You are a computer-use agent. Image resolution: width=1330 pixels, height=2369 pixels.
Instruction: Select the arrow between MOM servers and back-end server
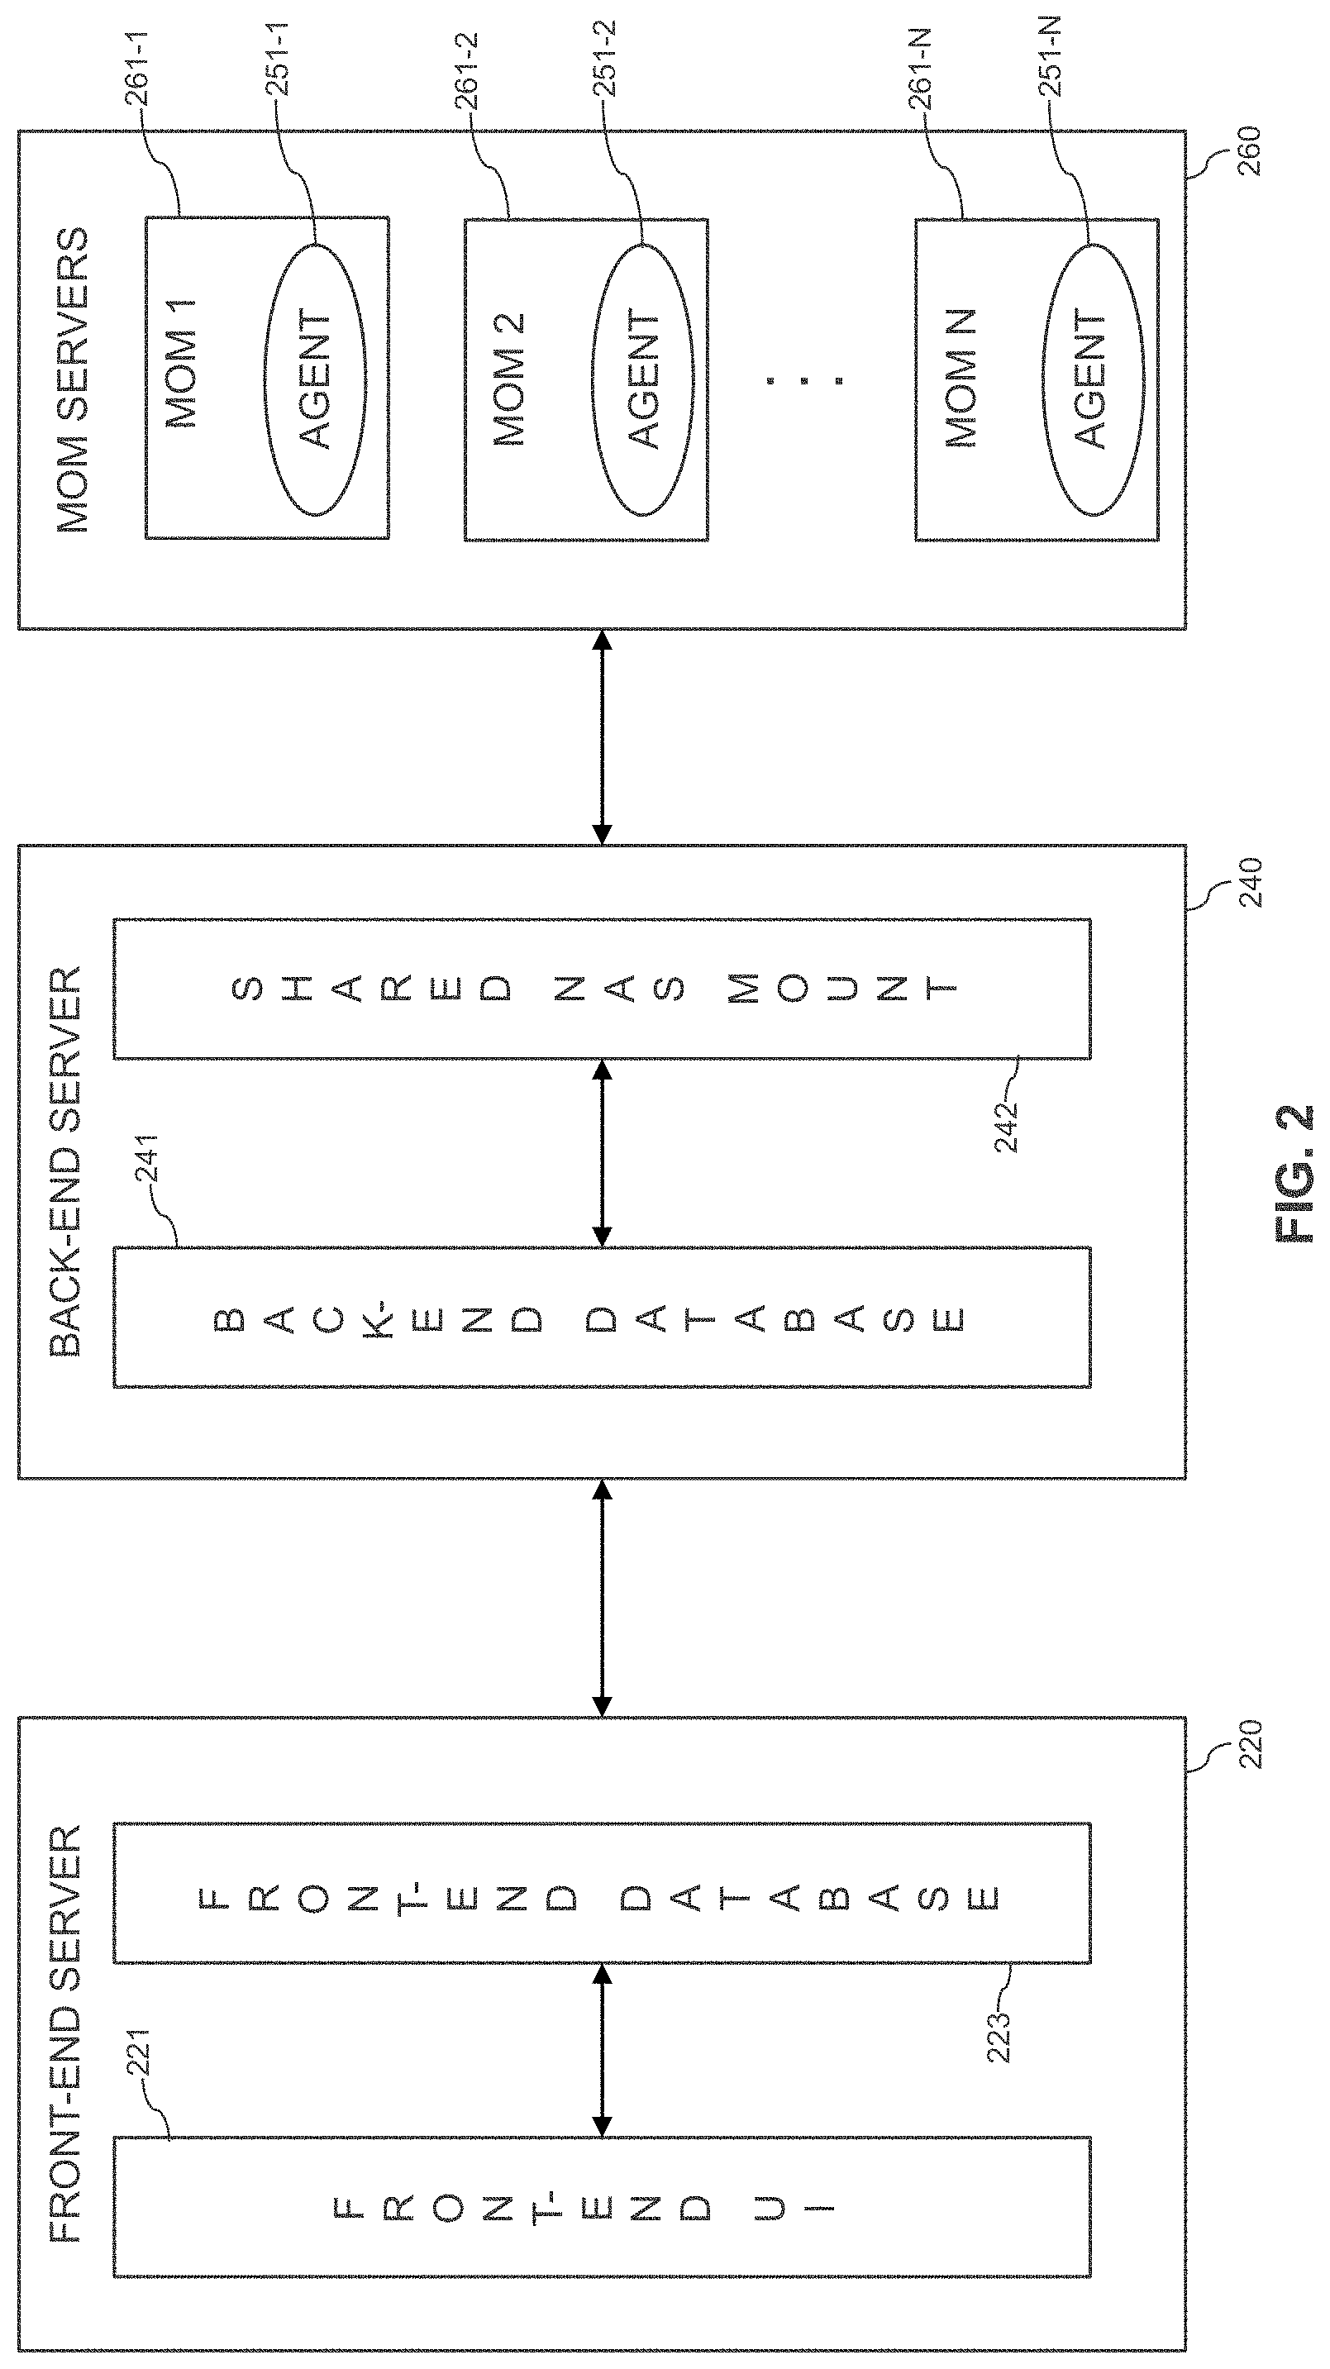(602, 736)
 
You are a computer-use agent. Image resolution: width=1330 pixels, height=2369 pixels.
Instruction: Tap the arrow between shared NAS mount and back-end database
(602, 1153)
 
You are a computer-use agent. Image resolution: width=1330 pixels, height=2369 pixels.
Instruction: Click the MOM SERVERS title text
(73, 379)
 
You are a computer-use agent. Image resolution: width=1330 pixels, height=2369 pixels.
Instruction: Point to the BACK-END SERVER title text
(65, 1161)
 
